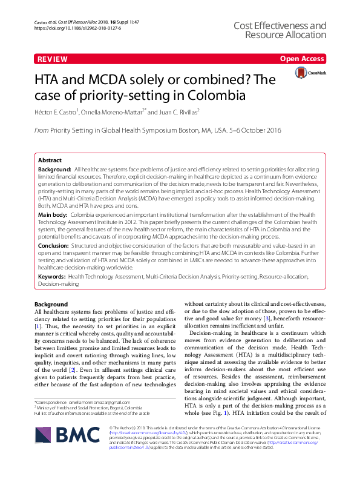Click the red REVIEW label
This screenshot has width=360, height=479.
coord(52,59)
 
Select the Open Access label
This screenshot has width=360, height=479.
coord(303,59)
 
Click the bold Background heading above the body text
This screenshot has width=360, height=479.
coord(51,303)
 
